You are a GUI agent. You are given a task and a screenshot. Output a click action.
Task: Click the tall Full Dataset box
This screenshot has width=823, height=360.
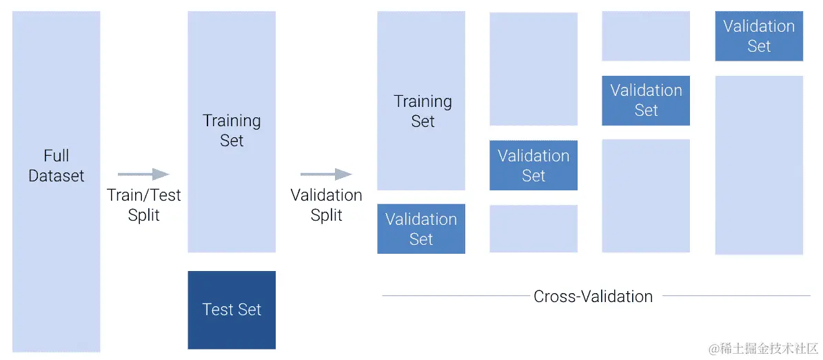click(56, 181)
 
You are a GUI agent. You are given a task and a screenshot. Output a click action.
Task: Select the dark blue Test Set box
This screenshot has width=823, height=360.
click(232, 310)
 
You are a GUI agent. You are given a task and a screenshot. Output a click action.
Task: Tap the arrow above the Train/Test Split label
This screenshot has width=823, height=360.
click(143, 174)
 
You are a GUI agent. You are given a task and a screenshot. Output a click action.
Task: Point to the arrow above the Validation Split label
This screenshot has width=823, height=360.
click(326, 174)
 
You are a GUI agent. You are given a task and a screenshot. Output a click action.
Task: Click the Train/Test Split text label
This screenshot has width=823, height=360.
click(143, 205)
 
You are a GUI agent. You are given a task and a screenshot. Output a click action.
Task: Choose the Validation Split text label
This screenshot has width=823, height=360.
click(326, 205)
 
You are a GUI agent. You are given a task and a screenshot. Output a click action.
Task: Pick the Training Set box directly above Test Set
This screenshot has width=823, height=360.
click(232, 131)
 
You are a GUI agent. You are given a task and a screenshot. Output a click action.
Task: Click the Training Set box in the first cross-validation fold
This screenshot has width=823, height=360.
click(421, 100)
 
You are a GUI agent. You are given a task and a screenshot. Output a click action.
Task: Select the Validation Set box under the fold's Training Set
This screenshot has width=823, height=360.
click(421, 229)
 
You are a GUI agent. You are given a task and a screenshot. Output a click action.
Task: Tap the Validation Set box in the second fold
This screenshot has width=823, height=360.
click(534, 166)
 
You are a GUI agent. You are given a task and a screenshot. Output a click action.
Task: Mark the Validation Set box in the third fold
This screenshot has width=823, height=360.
click(646, 101)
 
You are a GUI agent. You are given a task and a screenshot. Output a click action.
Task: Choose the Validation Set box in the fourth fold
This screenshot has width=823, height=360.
click(759, 36)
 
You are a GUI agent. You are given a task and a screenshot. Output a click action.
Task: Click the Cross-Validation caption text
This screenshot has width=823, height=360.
click(593, 297)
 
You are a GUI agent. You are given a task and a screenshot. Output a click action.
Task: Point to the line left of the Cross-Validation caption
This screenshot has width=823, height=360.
click(455, 296)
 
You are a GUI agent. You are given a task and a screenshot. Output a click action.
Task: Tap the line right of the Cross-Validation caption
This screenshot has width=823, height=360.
click(736, 296)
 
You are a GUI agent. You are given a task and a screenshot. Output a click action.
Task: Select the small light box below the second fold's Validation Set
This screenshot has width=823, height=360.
click(534, 228)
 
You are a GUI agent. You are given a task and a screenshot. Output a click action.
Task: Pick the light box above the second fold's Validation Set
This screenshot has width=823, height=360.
click(534, 69)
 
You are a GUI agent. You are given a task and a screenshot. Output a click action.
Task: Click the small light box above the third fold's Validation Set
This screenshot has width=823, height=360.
click(646, 36)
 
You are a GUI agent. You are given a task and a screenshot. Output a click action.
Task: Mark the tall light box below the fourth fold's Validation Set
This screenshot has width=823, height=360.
click(759, 165)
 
